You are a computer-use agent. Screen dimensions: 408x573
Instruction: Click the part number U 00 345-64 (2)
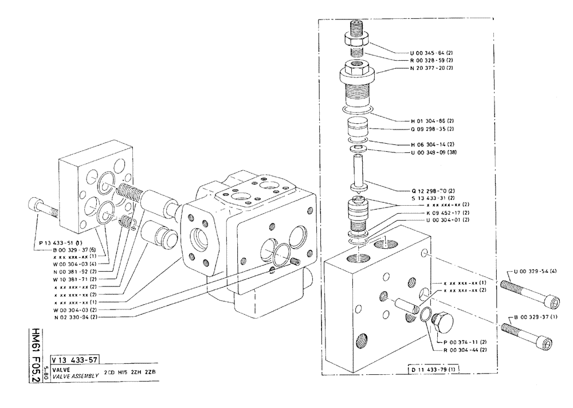(x=430, y=52)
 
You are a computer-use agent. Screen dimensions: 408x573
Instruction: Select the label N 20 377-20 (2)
(x=430, y=68)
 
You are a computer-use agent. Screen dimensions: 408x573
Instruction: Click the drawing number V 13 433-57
(x=75, y=360)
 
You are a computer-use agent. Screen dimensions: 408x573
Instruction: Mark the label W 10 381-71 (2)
(x=74, y=279)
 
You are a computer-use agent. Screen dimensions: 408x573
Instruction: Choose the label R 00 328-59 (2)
(x=430, y=60)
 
